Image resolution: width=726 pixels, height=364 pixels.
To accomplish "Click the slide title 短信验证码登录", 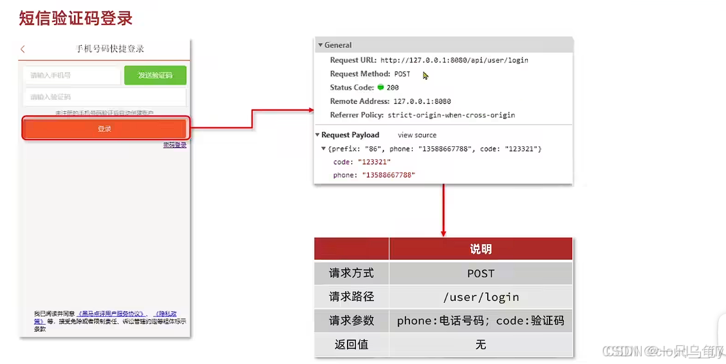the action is click(76, 18).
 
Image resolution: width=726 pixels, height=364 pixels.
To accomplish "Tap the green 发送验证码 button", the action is click(155, 75).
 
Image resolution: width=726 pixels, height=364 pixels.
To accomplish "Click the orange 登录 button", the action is click(105, 129).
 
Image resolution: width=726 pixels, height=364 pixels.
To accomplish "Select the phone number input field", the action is click(71, 75).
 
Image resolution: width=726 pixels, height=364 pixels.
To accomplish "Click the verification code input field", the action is click(104, 97).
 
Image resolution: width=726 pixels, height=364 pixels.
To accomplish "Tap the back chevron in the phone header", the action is click(23, 49).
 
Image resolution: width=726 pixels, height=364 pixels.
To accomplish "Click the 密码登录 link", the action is click(174, 145).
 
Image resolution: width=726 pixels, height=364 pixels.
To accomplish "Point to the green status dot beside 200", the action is click(380, 88).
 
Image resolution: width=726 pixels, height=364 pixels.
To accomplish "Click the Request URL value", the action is click(454, 60).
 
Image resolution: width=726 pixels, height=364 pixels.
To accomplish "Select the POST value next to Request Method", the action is click(402, 74).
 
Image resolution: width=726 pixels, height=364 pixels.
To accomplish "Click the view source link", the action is click(417, 135).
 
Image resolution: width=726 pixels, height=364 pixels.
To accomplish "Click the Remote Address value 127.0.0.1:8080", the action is click(422, 101).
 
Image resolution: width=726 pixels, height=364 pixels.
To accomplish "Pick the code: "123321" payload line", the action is click(362, 162).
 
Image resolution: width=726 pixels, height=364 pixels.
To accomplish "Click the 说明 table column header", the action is click(481, 249).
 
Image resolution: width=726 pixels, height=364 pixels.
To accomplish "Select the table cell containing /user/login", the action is click(481, 297).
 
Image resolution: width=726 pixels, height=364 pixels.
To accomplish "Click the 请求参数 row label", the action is click(351, 320).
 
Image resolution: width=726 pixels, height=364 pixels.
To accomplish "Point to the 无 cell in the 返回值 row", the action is click(481, 345).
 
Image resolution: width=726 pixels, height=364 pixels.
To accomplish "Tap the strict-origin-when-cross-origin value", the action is click(451, 115).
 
